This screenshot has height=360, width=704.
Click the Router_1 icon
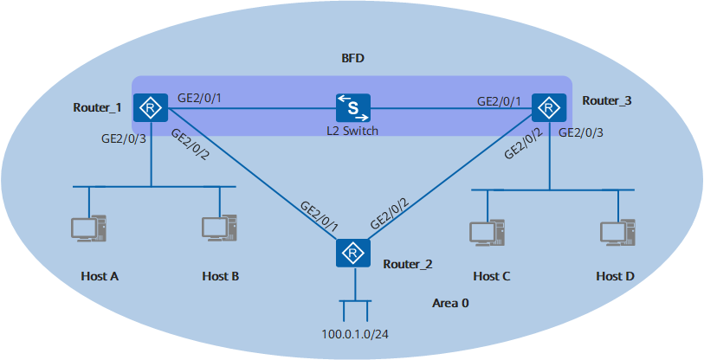pos(152,108)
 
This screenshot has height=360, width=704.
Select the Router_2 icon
pos(353,253)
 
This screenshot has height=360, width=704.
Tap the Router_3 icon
pos(548,108)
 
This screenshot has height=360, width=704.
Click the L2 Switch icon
pos(353,108)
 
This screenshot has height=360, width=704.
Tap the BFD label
pos(353,60)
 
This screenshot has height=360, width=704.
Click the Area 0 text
pos(449,304)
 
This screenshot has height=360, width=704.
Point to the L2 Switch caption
pos(353,131)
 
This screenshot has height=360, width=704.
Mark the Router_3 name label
pos(606,101)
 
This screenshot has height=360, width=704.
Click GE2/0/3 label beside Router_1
pos(124,138)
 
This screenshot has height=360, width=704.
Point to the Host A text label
pos(99,276)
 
